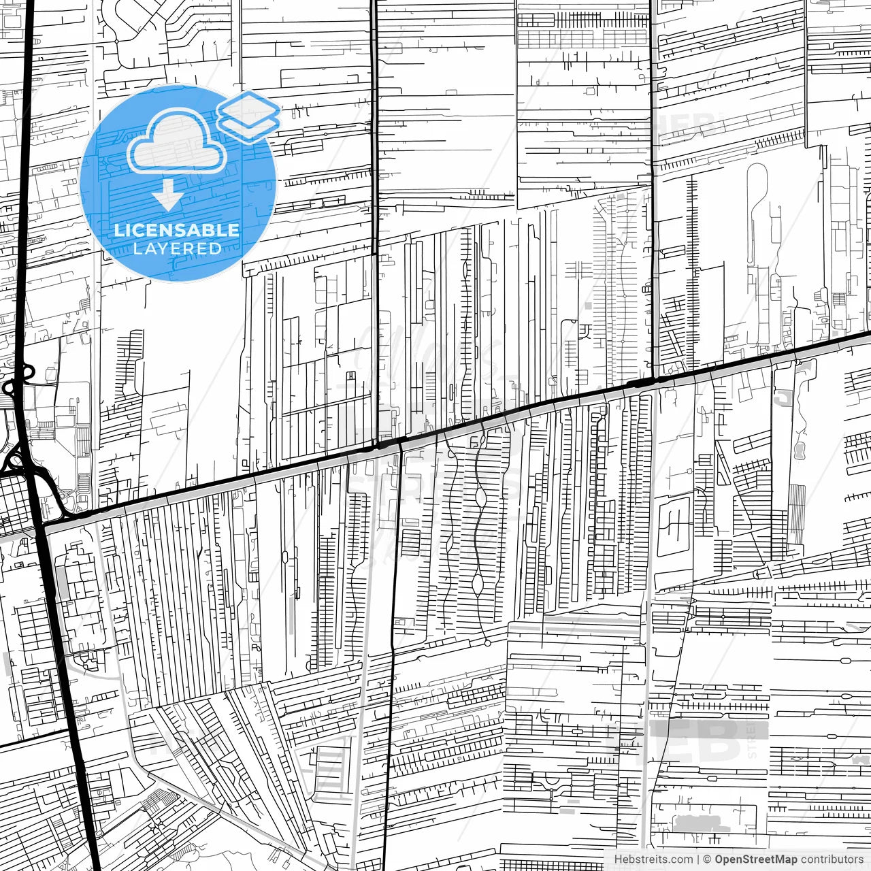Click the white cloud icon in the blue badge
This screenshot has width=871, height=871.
[x=176, y=141]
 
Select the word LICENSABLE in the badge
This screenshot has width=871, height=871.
[x=177, y=230]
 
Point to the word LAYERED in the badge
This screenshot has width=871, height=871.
[x=177, y=248]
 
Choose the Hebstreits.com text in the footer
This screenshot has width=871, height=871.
[x=653, y=859]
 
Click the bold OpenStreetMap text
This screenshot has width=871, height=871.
[x=755, y=859]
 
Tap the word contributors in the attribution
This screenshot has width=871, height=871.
[x=832, y=859]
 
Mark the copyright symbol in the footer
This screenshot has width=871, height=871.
[x=707, y=859]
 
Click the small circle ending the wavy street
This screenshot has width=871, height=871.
[x=487, y=642]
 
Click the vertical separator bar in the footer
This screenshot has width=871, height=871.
[x=698, y=859]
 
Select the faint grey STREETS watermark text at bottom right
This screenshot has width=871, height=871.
[x=751, y=738]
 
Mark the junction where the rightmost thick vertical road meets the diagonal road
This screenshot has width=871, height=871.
[x=653, y=378]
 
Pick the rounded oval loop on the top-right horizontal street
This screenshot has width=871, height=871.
[x=846, y=660]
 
